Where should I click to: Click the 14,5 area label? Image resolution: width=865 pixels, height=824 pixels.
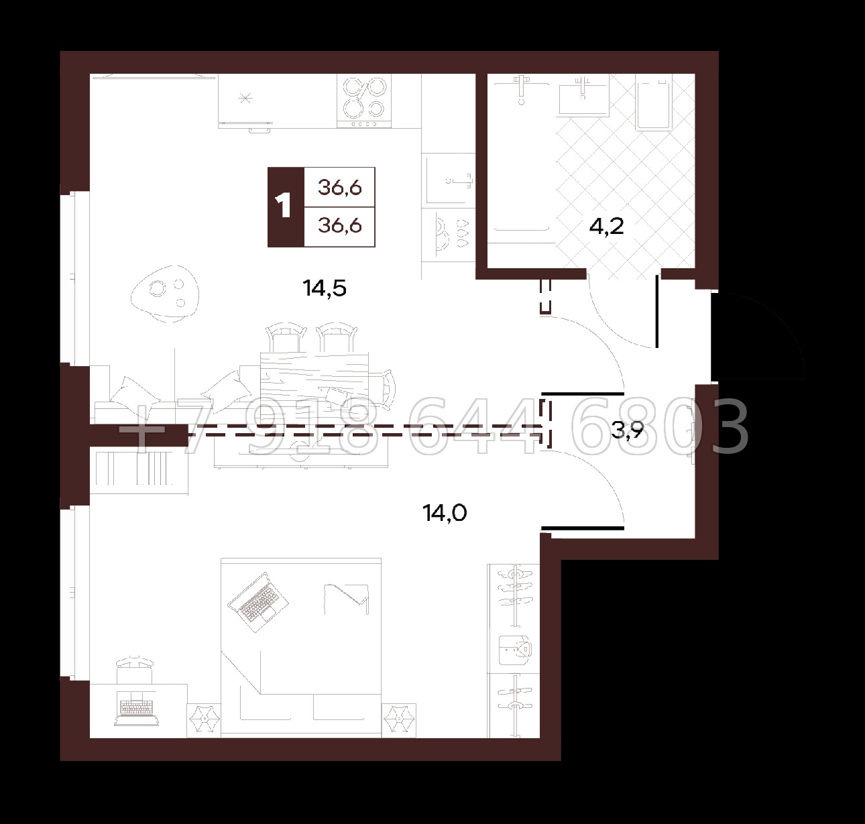[x=325, y=288]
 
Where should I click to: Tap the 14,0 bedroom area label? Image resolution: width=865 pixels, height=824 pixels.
[x=445, y=513]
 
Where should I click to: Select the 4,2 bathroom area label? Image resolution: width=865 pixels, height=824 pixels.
[x=607, y=227]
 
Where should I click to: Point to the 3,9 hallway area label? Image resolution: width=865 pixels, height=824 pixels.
[x=628, y=430]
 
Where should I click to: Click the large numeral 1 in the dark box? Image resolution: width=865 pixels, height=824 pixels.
[x=285, y=207]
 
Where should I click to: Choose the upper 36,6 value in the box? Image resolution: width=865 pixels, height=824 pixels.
[x=340, y=188]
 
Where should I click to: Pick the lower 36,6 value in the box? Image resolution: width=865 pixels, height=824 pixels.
[x=340, y=226]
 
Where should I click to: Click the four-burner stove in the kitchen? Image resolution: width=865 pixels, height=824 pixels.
[x=364, y=101]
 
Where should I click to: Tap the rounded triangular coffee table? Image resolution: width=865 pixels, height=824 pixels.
[x=166, y=294]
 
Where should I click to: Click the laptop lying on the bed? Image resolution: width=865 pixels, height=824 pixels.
[x=258, y=602]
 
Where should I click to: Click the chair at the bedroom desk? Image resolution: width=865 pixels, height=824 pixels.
[x=135, y=670]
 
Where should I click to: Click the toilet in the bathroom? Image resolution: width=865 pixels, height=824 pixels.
[x=653, y=105]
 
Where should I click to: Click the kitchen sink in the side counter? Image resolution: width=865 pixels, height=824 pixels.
[x=449, y=179]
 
